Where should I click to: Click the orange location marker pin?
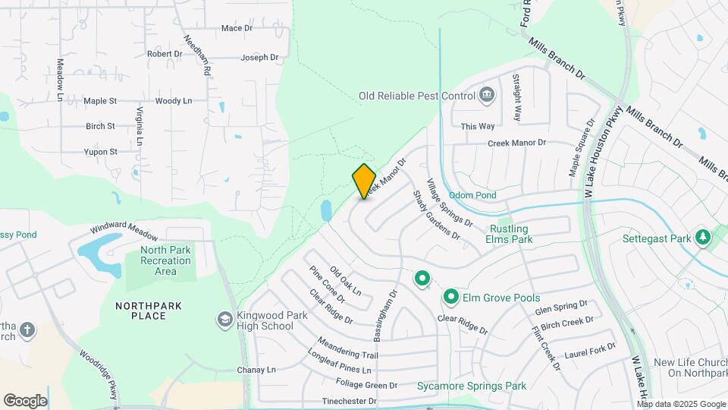[365, 181]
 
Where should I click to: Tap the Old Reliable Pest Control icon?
[487, 96]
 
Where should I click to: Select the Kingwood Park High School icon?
[224, 320]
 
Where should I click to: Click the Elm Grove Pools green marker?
[451, 297]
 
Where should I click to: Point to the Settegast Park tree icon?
[703, 238]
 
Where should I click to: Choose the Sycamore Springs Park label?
[471, 386]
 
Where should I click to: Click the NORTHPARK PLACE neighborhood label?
[149, 311]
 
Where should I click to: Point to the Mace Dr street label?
[237, 28]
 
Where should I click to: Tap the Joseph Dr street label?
[260, 58]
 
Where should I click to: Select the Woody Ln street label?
[174, 101]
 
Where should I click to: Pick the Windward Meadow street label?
[124, 228]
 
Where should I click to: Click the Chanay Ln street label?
[256, 370]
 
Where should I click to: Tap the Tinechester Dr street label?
[350, 401]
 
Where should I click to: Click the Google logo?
[25, 400]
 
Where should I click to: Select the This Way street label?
[478, 126]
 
